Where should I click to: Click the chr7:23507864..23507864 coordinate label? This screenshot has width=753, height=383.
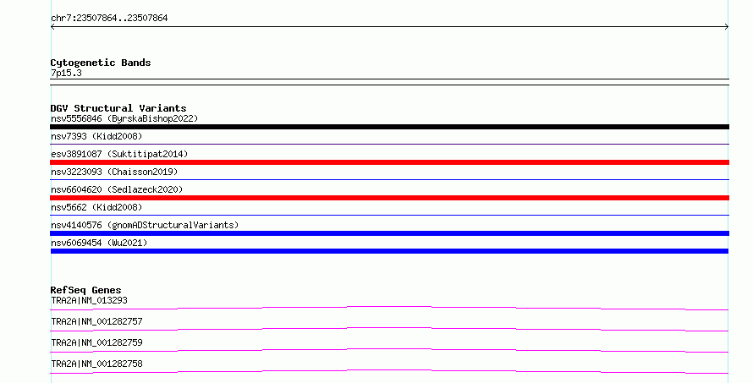tap(109, 19)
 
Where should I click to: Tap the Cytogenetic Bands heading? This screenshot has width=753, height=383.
tap(101, 63)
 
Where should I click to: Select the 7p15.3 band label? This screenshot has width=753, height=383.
tap(66, 73)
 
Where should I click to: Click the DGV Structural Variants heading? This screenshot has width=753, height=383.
tap(118, 108)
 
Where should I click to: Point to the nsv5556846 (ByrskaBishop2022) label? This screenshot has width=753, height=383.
tap(124, 118)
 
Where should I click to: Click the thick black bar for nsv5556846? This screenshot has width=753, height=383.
tap(389, 127)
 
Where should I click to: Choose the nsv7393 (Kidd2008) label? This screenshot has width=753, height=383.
tap(96, 136)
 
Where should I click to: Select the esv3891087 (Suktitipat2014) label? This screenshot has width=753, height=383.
tap(119, 154)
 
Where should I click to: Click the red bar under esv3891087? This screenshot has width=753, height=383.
tap(389, 162)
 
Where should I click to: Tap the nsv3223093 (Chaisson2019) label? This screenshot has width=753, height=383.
tap(114, 172)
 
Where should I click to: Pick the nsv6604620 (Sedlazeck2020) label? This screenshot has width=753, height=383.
tap(117, 189)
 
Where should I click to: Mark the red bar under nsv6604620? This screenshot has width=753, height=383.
tap(389, 198)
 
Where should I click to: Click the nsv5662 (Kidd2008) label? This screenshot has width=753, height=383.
tap(96, 207)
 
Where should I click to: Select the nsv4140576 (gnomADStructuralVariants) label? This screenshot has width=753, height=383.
tap(145, 225)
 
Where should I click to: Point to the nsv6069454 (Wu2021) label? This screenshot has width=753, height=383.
tap(99, 243)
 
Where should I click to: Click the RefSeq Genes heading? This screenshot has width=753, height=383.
tap(86, 290)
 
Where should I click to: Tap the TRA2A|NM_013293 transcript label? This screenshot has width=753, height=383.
tap(90, 300)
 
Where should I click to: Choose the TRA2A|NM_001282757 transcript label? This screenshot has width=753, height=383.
tap(97, 321)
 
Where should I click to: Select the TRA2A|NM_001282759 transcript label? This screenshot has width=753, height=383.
tap(97, 342)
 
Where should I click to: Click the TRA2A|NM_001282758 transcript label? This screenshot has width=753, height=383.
tap(97, 364)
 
